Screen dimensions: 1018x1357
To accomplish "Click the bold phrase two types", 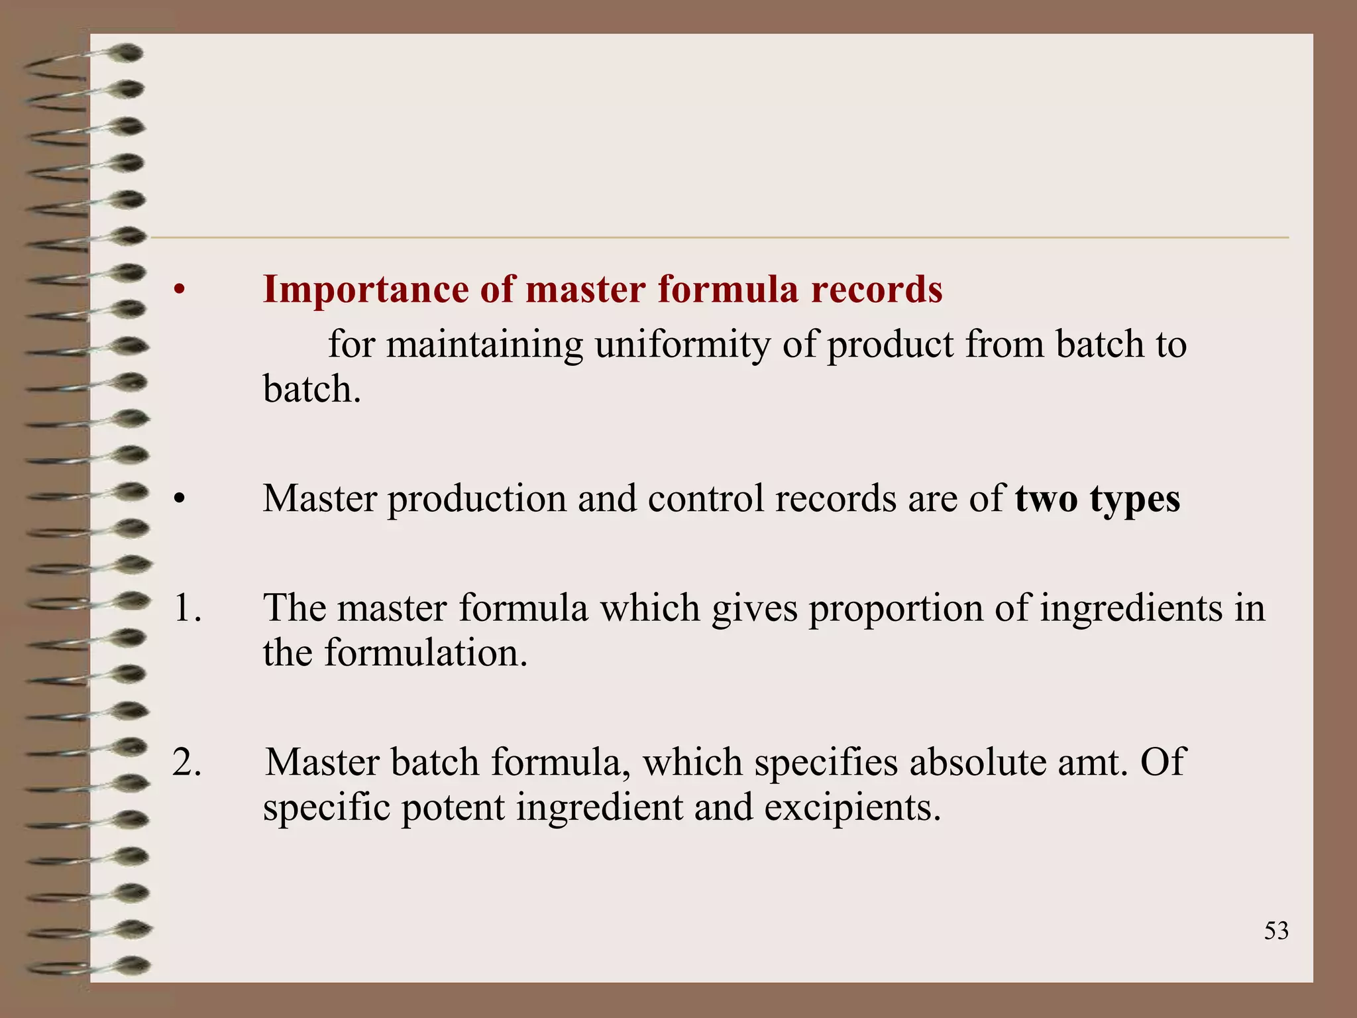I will [x=1097, y=498].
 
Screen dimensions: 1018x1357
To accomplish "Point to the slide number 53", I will [x=1276, y=931].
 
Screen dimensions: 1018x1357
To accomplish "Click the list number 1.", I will [x=186, y=608].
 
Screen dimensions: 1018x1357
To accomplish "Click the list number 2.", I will [x=186, y=762].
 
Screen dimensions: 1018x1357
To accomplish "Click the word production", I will [x=477, y=500].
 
